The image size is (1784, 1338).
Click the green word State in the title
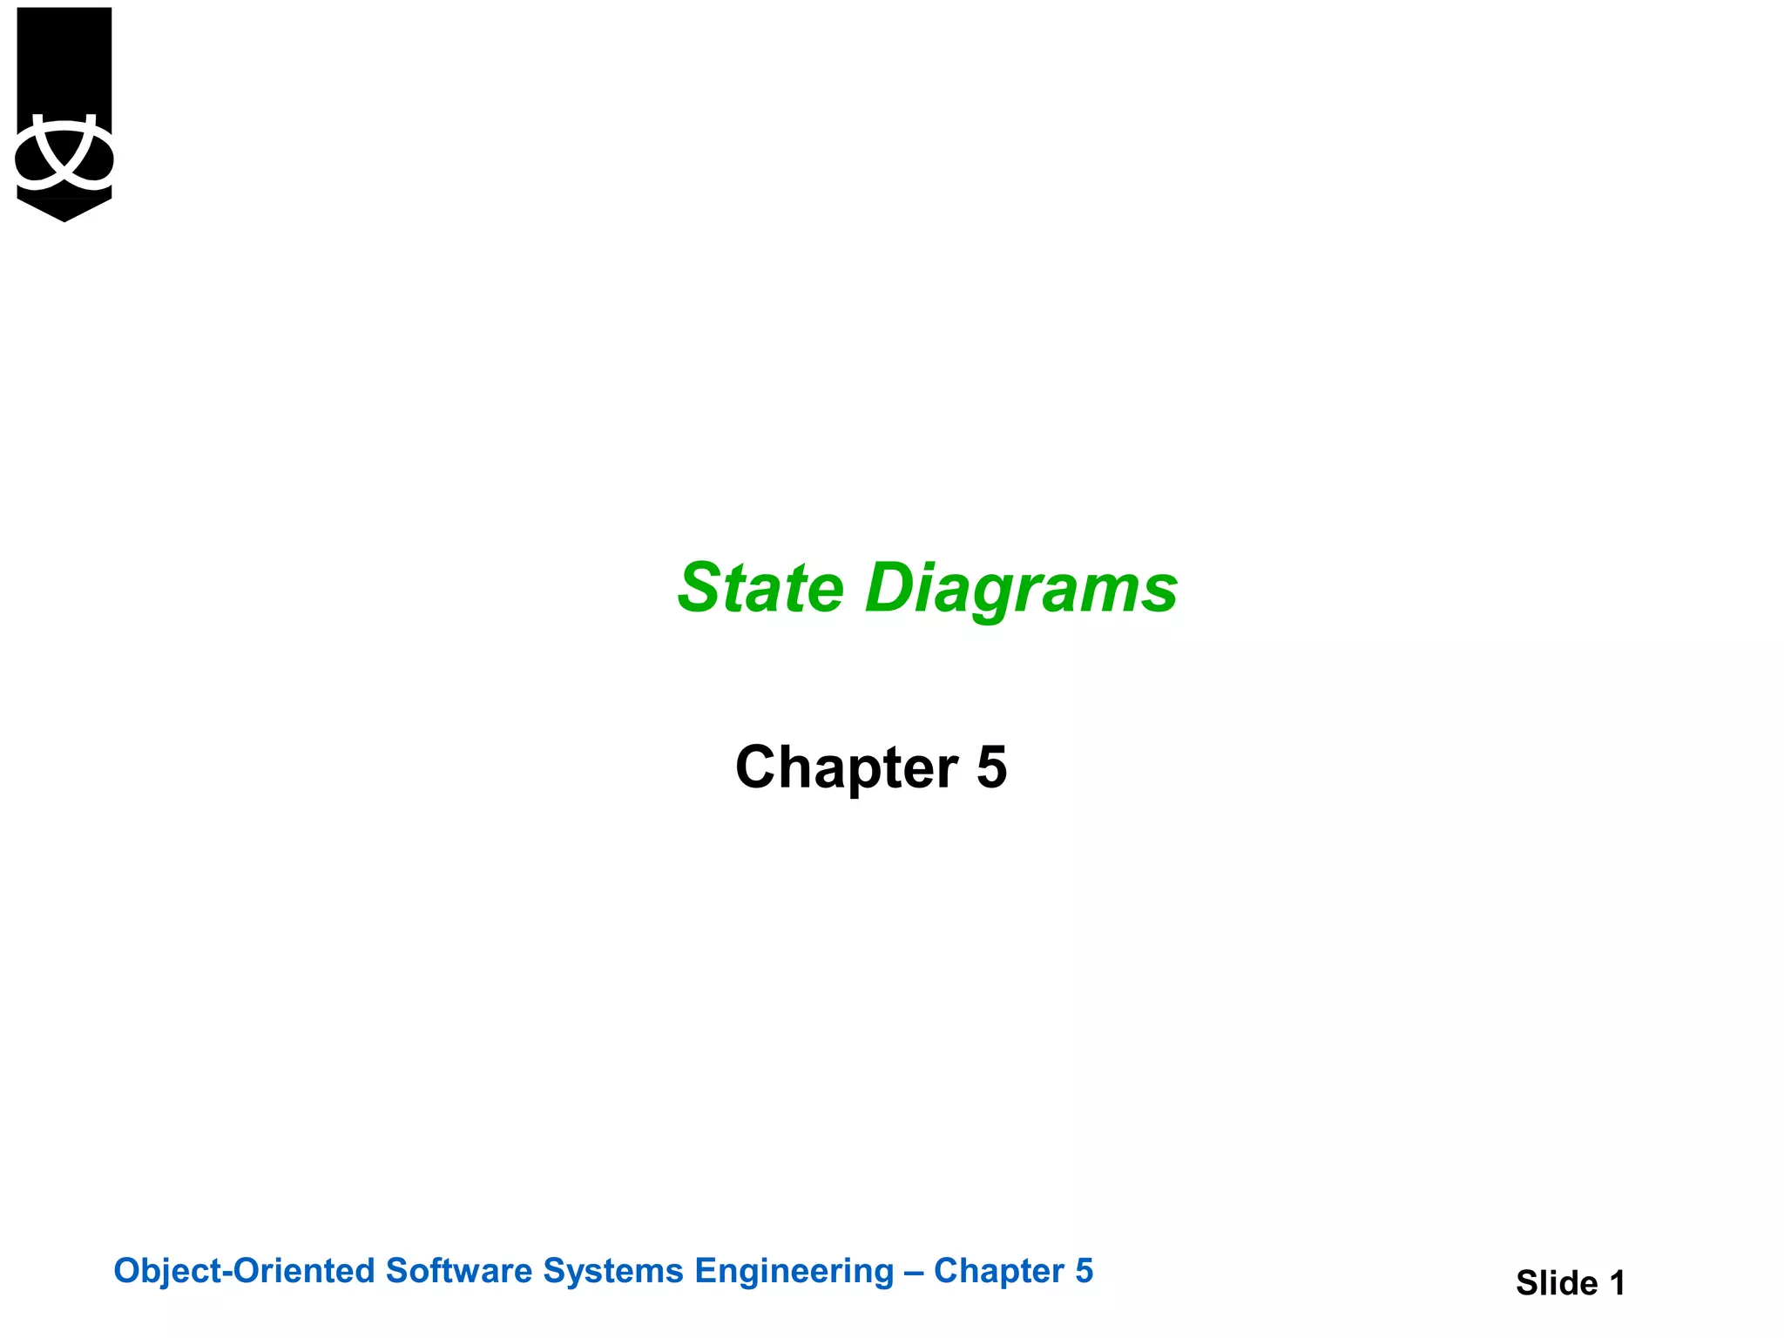pyautogui.click(x=760, y=588)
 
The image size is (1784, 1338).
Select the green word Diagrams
pyautogui.click(x=1021, y=590)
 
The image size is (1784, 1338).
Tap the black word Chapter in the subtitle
pyautogui.click(x=847, y=767)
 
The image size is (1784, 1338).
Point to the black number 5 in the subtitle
pyautogui.click(x=991, y=767)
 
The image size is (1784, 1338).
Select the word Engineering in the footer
pyautogui.click(x=794, y=1272)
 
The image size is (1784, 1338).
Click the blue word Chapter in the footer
pyautogui.click(x=999, y=1272)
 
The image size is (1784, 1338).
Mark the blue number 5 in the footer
pyautogui.click(x=1084, y=1271)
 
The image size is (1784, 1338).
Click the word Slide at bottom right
pyautogui.click(x=1557, y=1283)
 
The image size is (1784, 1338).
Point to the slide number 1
pyautogui.click(x=1617, y=1283)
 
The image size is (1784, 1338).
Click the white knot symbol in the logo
pyautogui.click(x=64, y=154)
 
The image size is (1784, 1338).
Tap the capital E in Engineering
pyautogui.click(x=706, y=1271)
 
